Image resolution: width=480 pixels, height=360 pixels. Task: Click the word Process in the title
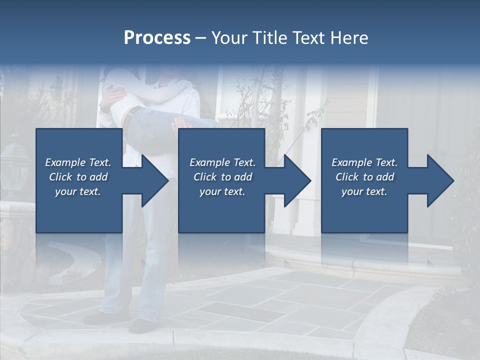click(157, 38)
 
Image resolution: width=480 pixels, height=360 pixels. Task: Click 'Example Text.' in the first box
click(78, 162)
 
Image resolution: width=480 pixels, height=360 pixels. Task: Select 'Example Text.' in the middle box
click(222, 162)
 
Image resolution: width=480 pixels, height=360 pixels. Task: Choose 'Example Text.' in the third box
click(364, 162)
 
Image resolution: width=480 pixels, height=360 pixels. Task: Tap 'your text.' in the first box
click(78, 191)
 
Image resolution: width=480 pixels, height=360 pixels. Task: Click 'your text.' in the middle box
click(222, 191)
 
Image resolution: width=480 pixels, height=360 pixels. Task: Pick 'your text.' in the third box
click(364, 191)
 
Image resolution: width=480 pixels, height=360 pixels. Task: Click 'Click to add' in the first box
click(78, 177)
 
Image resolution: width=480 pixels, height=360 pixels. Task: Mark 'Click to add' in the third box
click(364, 177)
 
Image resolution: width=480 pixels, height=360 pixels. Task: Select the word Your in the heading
click(228, 38)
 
